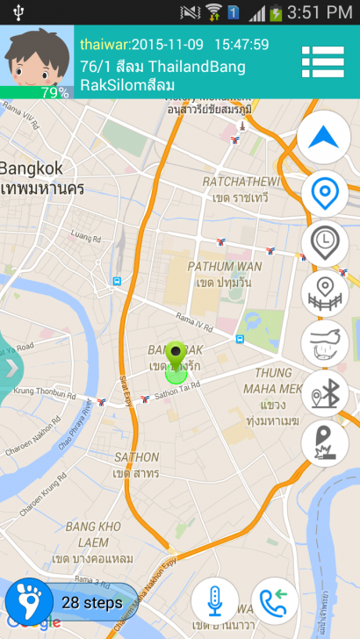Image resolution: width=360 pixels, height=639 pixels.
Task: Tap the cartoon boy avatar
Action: coord(36,54)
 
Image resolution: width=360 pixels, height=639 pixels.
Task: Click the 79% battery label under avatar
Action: coord(54,92)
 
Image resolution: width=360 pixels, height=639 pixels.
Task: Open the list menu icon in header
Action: coord(322,61)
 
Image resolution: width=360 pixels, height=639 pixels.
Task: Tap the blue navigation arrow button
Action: coord(323,137)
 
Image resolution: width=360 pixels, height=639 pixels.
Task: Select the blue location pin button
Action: coord(324,192)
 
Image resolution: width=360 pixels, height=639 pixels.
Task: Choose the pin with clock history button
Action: coord(324,242)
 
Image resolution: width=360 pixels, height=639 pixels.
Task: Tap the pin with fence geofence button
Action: coord(324,293)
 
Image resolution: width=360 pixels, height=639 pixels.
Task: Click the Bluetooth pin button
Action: coord(324,393)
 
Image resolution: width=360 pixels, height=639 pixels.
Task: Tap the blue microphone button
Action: coord(215,602)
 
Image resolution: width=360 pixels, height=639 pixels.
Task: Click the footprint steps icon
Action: coord(28,603)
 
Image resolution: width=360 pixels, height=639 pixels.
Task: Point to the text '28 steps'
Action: coord(91,604)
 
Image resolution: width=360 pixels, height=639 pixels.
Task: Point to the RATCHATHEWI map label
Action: coord(241,182)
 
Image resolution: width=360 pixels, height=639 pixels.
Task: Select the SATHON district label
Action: coord(136,457)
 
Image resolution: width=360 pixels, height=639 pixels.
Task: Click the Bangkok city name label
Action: coord(32,168)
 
